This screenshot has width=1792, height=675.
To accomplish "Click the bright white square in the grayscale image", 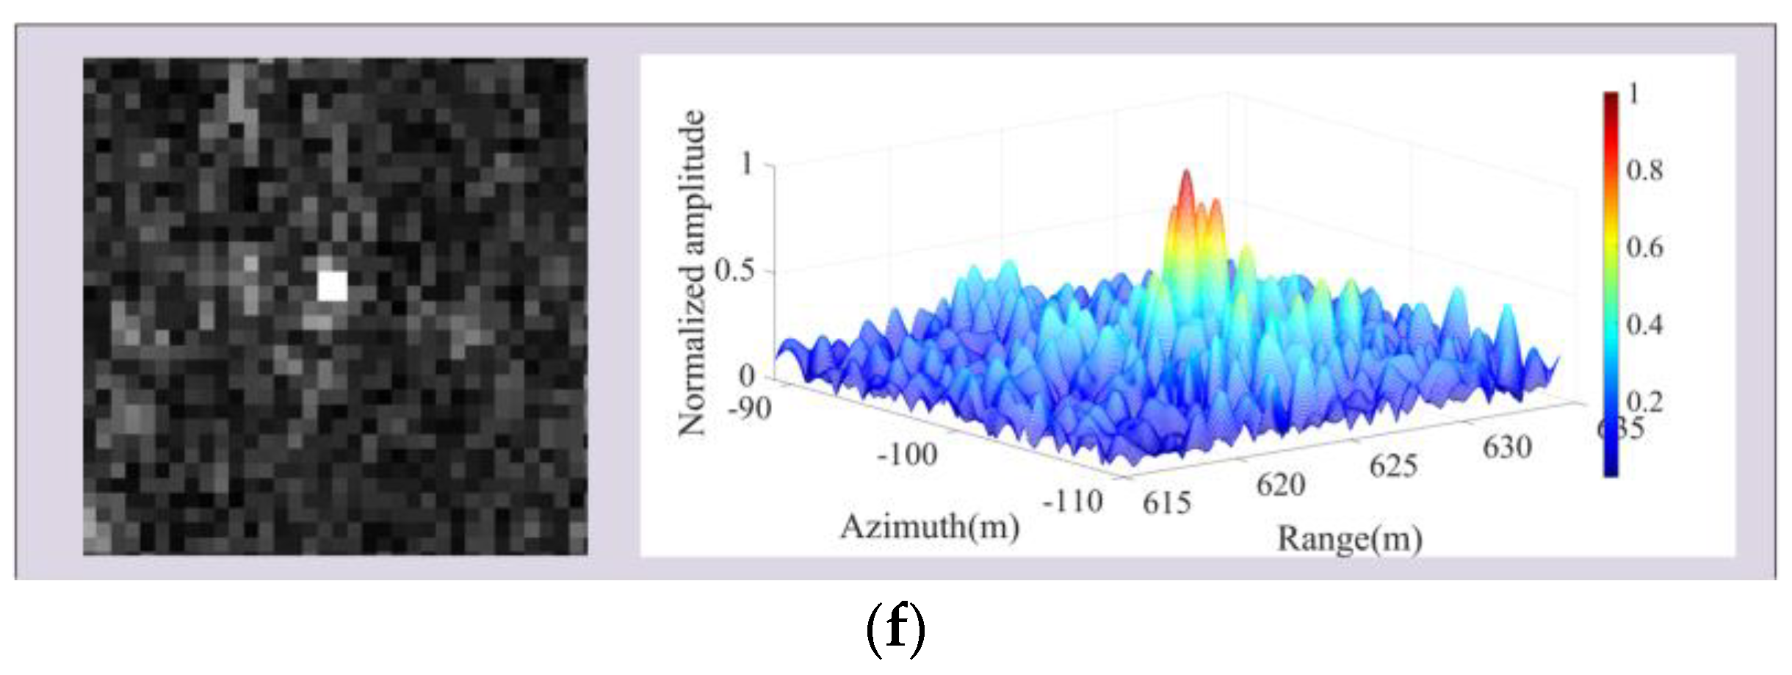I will [x=332, y=286].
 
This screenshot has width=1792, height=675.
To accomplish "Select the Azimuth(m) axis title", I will [x=929, y=527].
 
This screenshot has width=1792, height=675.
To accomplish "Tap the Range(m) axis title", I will [x=1349, y=539].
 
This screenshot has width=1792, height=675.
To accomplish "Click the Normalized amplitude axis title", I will [x=691, y=273].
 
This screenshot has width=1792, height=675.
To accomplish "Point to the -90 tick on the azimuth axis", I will [x=749, y=408].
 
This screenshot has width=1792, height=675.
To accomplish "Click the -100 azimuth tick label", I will [x=908, y=455].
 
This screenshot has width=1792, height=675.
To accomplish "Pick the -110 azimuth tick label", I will [x=1073, y=502].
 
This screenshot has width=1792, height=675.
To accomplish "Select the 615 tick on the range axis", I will [x=1166, y=502].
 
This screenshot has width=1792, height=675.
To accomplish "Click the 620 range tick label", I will [x=1280, y=485].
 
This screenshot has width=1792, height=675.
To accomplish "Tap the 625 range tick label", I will [x=1392, y=466].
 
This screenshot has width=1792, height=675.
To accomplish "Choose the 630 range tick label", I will [x=1507, y=447].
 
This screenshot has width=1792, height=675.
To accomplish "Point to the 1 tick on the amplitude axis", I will [x=747, y=163].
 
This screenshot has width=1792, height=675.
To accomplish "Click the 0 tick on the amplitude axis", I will [x=746, y=376].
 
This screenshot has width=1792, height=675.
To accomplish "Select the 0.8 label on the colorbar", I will [x=1644, y=170].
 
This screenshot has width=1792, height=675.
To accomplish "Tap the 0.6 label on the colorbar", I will [x=1644, y=248].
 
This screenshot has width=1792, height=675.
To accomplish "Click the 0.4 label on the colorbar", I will [x=1644, y=325].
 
